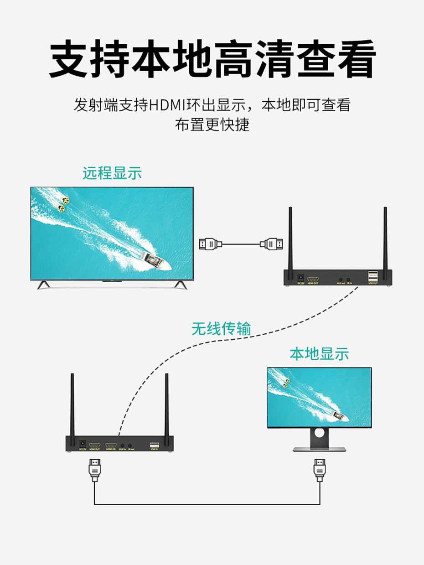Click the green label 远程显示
click(x=112, y=173)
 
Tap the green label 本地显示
click(x=319, y=353)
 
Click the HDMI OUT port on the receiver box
click(x=313, y=278)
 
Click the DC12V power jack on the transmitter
click(x=83, y=443)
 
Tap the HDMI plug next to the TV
click(x=211, y=244)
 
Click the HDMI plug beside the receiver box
click(x=272, y=244)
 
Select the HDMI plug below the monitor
click(x=319, y=469)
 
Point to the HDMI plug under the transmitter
click(x=94, y=469)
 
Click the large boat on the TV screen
click(x=155, y=262)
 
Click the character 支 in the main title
click(x=68, y=59)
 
